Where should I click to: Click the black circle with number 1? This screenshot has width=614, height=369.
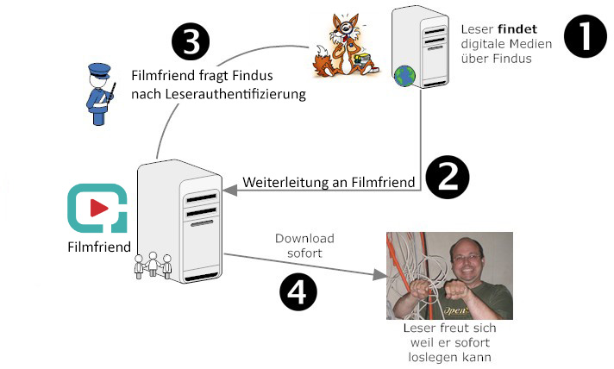[586, 36]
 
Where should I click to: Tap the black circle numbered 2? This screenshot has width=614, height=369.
[448, 178]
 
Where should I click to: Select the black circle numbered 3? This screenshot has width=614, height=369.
[191, 41]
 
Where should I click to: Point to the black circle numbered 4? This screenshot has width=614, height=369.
[298, 292]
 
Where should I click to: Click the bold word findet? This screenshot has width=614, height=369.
[517, 29]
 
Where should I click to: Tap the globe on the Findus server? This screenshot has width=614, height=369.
[404, 76]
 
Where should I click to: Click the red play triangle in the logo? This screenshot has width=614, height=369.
[99, 208]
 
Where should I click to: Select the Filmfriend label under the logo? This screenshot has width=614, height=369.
[99, 247]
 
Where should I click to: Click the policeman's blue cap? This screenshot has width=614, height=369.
[99, 71]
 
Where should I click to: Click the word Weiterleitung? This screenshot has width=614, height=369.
[285, 183]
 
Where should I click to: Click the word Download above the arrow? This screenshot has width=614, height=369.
[304, 238]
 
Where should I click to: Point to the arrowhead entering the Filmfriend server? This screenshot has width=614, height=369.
[230, 191]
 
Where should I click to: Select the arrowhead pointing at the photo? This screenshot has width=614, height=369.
[379, 275]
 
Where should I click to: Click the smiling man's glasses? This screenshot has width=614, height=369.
[467, 258]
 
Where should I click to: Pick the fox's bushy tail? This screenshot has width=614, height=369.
[323, 59]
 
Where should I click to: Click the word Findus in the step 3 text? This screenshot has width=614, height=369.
[252, 76]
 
